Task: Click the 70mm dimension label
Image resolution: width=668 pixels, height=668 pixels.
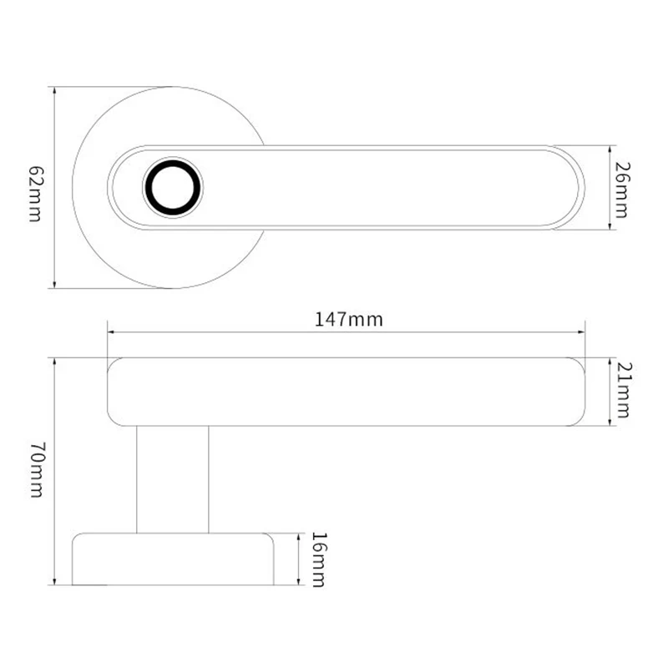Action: [35, 472]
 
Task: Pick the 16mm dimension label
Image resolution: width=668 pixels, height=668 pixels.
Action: [317, 559]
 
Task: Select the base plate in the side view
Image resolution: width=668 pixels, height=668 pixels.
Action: [173, 559]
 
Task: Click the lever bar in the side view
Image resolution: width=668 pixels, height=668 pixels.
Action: [347, 392]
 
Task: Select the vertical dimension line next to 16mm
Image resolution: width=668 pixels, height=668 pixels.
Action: [299, 576]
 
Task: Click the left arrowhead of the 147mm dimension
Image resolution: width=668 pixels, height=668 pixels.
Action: [111, 331]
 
